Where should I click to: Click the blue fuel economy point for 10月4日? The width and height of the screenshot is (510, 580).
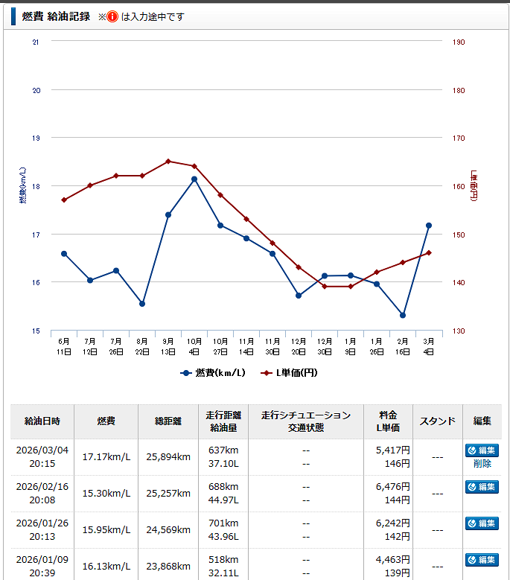(194, 179)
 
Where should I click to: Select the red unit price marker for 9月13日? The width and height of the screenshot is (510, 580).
(168, 161)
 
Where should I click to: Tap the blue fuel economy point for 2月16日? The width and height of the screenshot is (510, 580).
(403, 315)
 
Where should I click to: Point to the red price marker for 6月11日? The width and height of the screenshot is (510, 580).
(64, 200)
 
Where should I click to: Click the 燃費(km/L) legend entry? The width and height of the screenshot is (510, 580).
(213, 372)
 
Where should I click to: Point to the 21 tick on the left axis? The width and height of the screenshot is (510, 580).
(36, 42)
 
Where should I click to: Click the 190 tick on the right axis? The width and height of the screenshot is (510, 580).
(459, 42)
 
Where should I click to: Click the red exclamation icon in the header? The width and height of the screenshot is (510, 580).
(112, 16)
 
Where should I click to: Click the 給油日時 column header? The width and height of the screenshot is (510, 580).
(42, 421)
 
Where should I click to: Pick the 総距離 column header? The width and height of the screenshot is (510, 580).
(167, 421)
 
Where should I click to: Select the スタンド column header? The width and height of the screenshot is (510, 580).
(438, 421)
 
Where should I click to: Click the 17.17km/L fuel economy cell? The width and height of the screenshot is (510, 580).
(106, 456)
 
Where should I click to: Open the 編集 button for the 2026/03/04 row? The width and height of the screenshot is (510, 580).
(482, 450)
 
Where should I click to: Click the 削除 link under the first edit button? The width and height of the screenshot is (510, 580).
(482, 463)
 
